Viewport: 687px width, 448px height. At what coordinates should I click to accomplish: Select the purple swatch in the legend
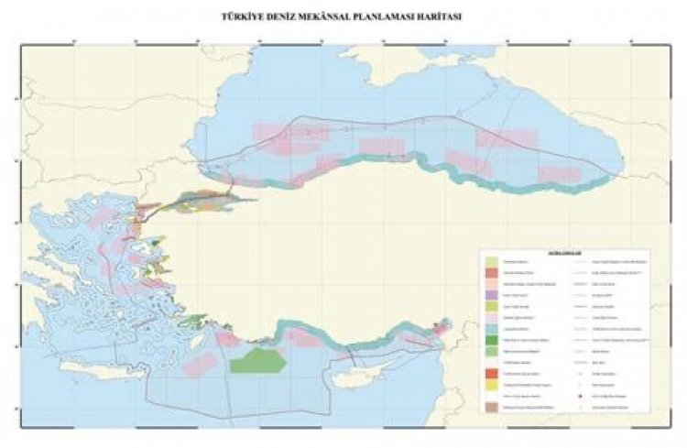coord(492,298)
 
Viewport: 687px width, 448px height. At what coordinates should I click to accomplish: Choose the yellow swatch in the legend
coord(492,388)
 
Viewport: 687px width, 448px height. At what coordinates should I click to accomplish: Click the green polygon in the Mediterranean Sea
coord(257,359)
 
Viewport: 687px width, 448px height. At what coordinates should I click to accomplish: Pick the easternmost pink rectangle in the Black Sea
coord(559,174)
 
